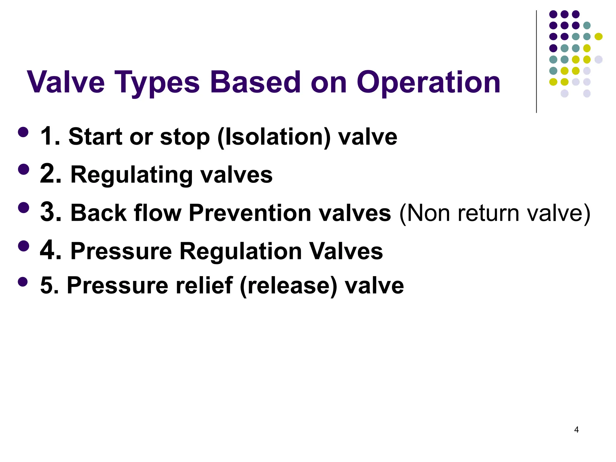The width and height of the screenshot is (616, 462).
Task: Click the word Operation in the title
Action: click(x=428, y=82)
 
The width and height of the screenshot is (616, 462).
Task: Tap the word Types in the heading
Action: click(x=157, y=82)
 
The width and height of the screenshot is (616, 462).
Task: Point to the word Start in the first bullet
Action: click(x=96, y=137)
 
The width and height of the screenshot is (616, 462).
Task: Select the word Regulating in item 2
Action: click(x=131, y=175)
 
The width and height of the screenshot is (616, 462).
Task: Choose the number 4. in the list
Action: click(x=51, y=251)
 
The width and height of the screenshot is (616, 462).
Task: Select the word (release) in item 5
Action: click(x=289, y=286)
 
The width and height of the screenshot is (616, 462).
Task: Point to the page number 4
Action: click(x=576, y=430)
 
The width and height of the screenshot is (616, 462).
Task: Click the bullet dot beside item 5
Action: click(x=23, y=282)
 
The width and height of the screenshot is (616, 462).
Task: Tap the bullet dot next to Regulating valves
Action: click(x=23, y=169)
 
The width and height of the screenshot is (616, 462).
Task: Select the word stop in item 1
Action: click(x=185, y=137)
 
